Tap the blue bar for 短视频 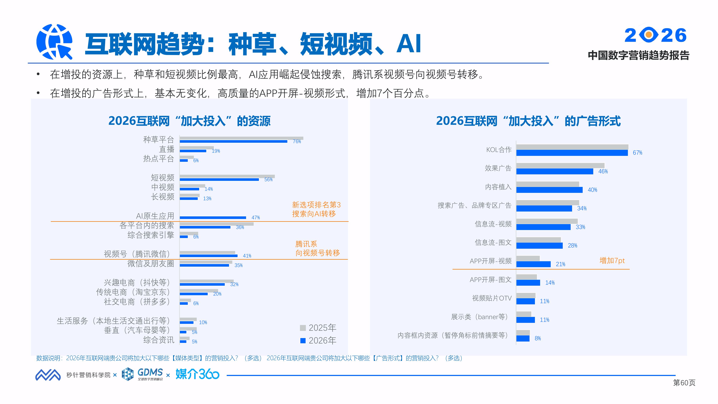(x=219, y=180)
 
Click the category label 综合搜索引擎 (x=151, y=235)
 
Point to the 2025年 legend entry (x=318, y=328)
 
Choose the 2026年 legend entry (x=318, y=340)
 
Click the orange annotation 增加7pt (x=612, y=261)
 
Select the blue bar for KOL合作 (x=572, y=153)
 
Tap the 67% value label (x=637, y=153)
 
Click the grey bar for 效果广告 (x=560, y=165)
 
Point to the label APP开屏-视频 (x=491, y=261)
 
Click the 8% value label (x=538, y=338)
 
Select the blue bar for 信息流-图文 (x=539, y=246)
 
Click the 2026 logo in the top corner (x=655, y=35)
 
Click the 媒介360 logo (x=197, y=374)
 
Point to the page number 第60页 (x=684, y=383)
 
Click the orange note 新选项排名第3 (x=316, y=205)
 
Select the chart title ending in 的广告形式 (x=528, y=121)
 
